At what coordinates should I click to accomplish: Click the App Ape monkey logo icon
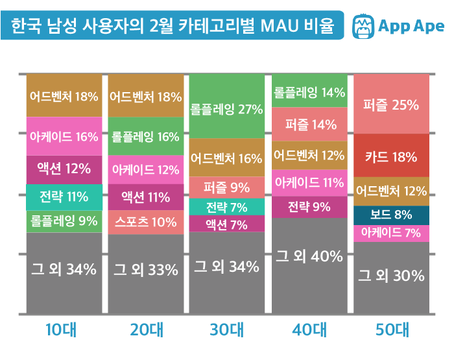[364, 27]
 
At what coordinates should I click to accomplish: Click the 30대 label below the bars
[226, 331]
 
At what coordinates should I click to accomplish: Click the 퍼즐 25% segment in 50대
[391, 104]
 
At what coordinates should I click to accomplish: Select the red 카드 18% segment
[391, 156]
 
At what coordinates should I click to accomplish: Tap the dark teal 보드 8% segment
[391, 215]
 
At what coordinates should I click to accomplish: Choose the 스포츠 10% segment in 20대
[145, 222]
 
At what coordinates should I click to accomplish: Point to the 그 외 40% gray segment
[309, 256]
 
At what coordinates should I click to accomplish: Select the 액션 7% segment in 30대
[226, 224]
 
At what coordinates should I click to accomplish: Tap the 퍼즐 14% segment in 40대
[309, 124]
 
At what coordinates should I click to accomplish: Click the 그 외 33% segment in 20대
[145, 269]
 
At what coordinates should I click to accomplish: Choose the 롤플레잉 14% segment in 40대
[309, 92]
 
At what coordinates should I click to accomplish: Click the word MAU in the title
[280, 27]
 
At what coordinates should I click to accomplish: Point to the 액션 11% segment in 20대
[145, 197]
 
